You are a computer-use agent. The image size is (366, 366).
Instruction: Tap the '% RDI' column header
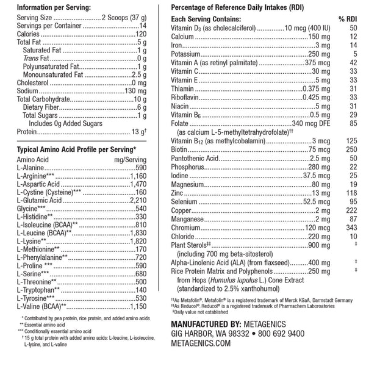(x=346, y=19)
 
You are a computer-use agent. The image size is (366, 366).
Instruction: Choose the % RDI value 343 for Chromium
(x=351, y=227)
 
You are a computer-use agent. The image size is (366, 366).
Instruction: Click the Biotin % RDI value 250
(x=351, y=149)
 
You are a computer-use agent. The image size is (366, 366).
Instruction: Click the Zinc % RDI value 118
(x=351, y=192)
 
